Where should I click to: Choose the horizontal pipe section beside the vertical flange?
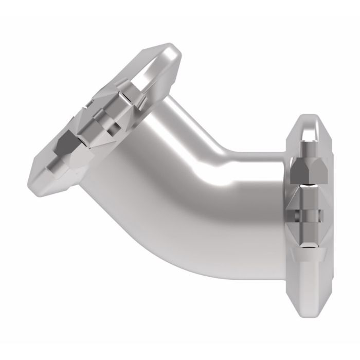point(257,206)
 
